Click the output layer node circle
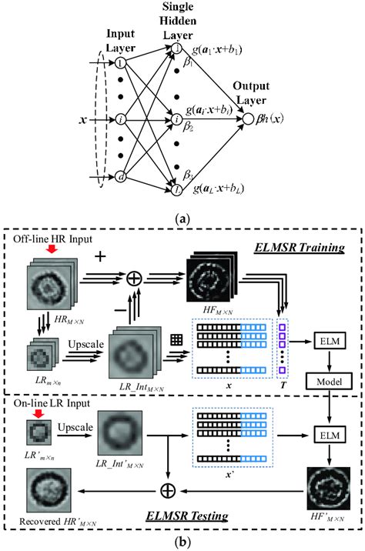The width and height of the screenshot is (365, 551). pos(248,119)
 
